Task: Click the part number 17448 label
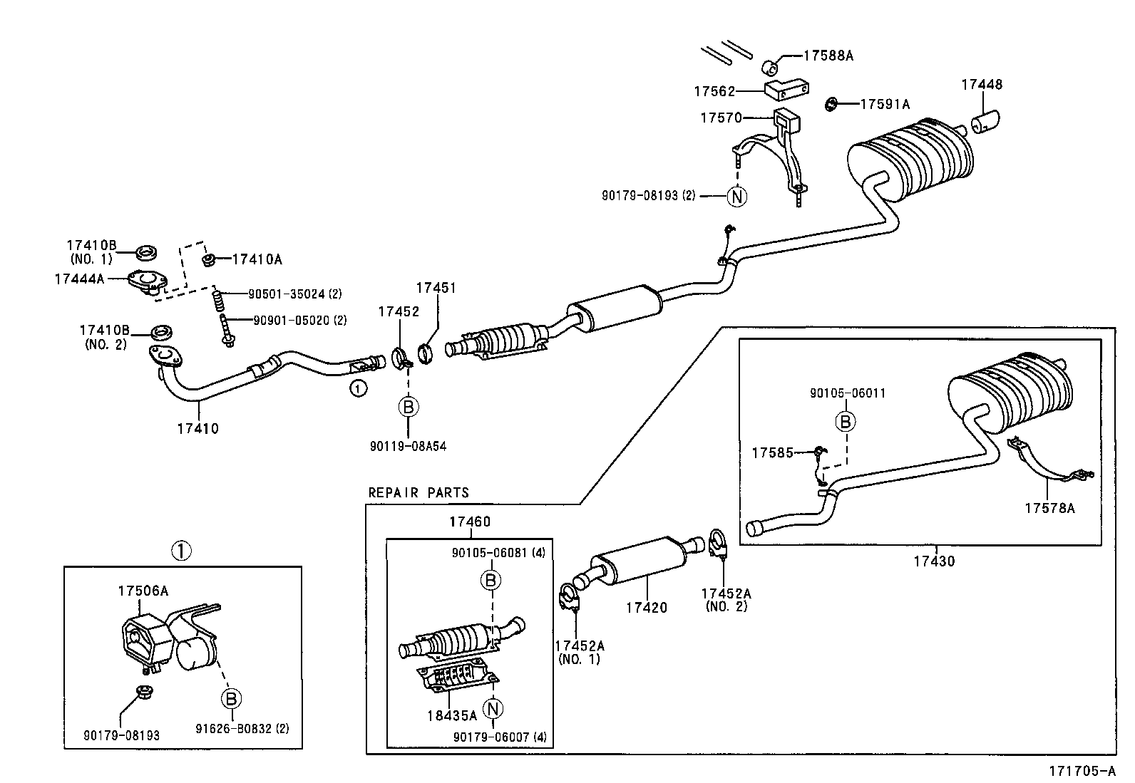[x=981, y=84]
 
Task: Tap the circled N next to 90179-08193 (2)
[x=736, y=195]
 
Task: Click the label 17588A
[x=828, y=56]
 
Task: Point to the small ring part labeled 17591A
[x=831, y=105]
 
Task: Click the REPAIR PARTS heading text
[x=418, y=493]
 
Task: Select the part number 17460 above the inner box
[x=470, y=522]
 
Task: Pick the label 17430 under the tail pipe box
[x=934, y=561]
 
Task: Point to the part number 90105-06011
[x=848, y=393]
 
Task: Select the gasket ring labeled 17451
[x=426, y=352]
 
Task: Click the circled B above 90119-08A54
[x=408, y=407]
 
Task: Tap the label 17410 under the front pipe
[x=198, y=429]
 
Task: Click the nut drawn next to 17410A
[x=209, y=259]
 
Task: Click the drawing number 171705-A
[x=1082, y=771]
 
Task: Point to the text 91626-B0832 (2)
[x=242, y=729]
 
